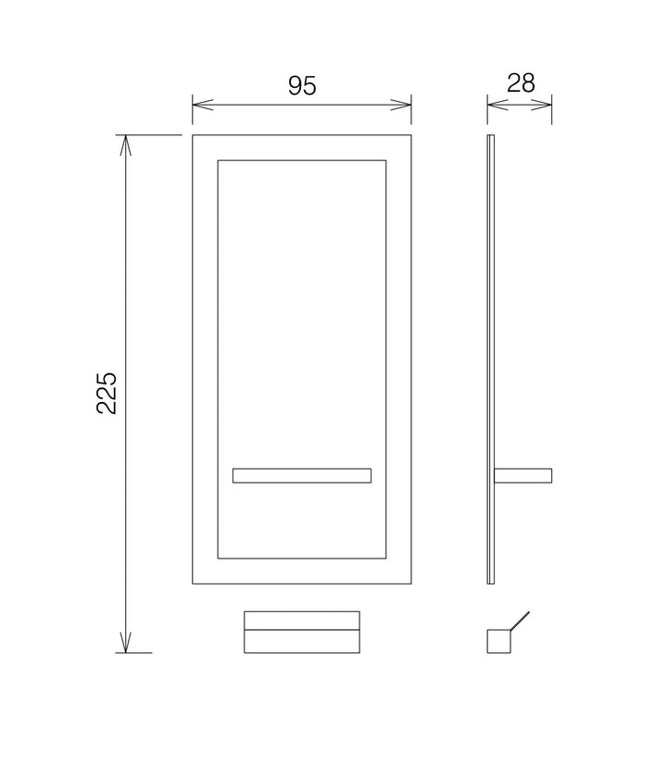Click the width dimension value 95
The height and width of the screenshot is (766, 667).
(302, 85)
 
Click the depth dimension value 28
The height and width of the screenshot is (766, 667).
(521, 83)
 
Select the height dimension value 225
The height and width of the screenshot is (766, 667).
(107, 394)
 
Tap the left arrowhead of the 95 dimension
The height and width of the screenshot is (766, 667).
(203, 105)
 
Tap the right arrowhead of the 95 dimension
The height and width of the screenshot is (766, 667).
(401, 105)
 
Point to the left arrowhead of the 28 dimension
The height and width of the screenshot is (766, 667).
(497, 105)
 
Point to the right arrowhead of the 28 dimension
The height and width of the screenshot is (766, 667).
(541, 105)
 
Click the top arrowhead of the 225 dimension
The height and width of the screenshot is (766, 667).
(126, 145)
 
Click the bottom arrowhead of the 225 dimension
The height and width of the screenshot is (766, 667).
(126, 642)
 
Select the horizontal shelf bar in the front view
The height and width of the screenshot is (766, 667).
(302, 476)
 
